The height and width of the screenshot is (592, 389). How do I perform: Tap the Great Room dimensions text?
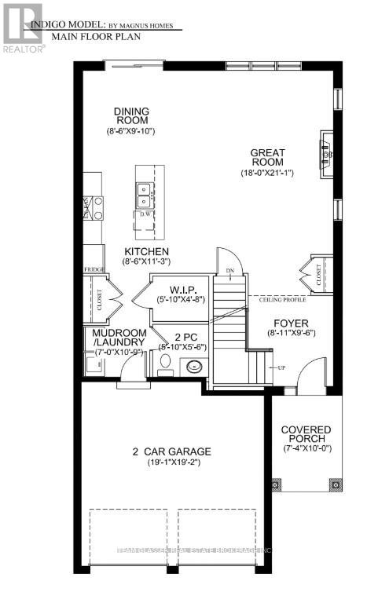coord(267,173)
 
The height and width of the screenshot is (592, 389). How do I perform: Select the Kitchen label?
coord(146,251)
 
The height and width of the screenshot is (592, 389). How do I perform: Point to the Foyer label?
coord(291,323)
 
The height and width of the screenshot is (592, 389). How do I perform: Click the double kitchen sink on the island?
coord(145,189)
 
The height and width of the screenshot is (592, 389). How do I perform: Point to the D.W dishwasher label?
coord(145,214)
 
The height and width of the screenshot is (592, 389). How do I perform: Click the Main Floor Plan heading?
coord(84,36)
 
